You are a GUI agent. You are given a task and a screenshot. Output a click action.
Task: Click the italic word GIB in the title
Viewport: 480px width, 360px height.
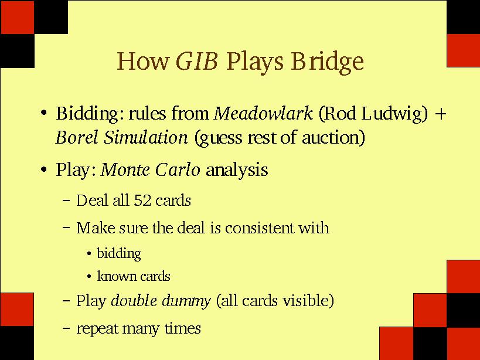197,61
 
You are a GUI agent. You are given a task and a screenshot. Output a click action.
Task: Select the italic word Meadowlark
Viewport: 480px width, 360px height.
263,113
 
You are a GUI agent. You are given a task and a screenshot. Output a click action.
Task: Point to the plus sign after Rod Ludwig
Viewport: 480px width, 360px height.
441,114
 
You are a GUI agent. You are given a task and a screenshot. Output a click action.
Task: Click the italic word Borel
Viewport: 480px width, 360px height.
78,137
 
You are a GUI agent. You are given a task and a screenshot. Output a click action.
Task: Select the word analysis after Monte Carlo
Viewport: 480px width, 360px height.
237,170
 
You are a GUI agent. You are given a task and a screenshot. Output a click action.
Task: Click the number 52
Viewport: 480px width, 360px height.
142,201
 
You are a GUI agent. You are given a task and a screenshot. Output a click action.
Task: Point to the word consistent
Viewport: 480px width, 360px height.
259,228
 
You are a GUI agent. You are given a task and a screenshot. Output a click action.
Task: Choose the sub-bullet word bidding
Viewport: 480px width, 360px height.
119,254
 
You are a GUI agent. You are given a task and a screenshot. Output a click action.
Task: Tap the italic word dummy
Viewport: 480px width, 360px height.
186,301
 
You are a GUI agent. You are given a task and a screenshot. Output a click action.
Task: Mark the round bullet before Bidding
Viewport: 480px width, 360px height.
44,113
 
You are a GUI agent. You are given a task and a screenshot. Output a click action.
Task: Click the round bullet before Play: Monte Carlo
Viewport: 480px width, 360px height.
44,169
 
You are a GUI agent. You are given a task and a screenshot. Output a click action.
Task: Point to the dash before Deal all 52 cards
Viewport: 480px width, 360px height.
66,201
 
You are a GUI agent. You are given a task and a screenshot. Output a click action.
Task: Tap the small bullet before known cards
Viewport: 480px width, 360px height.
89,277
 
